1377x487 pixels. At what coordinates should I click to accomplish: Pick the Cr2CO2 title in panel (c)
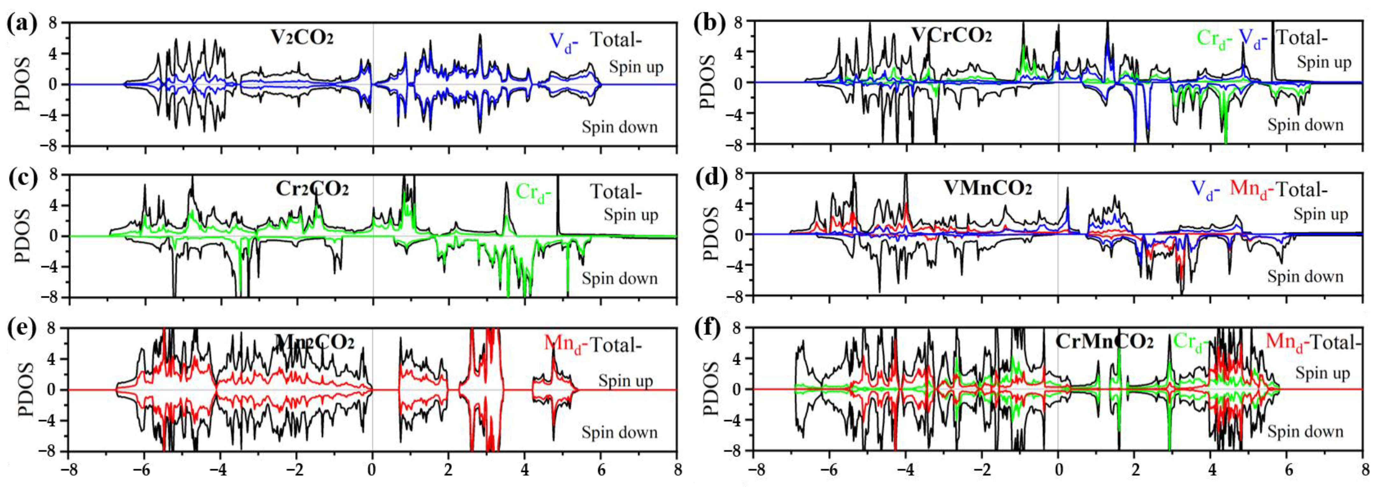tap(312, 188)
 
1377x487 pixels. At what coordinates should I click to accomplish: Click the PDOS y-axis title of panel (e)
tap(25, 389)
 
